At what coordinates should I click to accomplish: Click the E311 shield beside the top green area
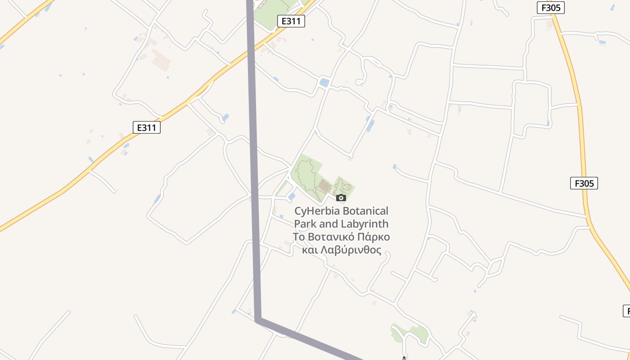pyautogui.click(x=291, y=21)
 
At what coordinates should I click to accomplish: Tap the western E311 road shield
pyautogui.click(x=147, y=127)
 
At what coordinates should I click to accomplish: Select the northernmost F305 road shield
pyautogui.click(x=550, y=8)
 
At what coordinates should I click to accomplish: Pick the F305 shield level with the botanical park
pyautogui.click(x=584, y=183)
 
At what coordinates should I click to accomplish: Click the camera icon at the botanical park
pyautogui.click(x=341, y=198)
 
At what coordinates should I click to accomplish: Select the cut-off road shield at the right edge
pyautogui.click(x=626, y=310)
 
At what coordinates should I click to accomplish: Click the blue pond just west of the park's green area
pyautogui.click(x=292, y=196)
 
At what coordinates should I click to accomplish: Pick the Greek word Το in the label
pyautogui.click(x=299, y=237)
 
